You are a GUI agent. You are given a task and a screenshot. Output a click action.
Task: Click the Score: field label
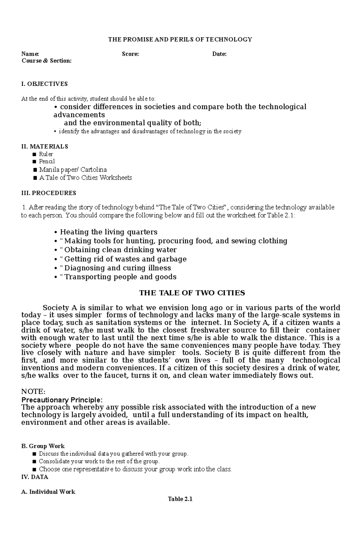pos(130,54)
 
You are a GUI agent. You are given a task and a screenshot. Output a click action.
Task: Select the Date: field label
pos(219,54)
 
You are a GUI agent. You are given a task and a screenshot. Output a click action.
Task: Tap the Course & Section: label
pos(46,61)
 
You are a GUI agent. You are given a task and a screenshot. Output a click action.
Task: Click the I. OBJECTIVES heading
pos(44,84)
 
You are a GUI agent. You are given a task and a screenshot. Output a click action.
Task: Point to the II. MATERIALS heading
pos(45,147)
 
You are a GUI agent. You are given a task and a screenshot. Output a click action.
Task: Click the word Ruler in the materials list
pos(46,154)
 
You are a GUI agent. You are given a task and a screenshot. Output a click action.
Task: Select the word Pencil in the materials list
pos(47,161)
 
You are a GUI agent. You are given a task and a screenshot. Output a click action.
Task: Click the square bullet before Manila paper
pos(35,170)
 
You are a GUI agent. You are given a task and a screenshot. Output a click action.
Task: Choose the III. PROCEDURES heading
pos(49,193)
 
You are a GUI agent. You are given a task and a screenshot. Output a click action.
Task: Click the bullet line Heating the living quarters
pos(109,232)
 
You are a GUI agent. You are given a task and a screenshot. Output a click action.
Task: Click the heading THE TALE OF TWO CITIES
pos(192,293)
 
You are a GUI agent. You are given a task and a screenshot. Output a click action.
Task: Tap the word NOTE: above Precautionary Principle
pos(33,391)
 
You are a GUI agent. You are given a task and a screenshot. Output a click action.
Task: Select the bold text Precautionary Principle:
pos(62,400)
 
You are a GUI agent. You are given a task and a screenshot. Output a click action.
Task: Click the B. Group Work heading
pos(43,446)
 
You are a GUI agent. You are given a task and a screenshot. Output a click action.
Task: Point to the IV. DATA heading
pos(35,477)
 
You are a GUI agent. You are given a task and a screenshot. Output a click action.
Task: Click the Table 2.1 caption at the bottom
pos(180,499)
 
